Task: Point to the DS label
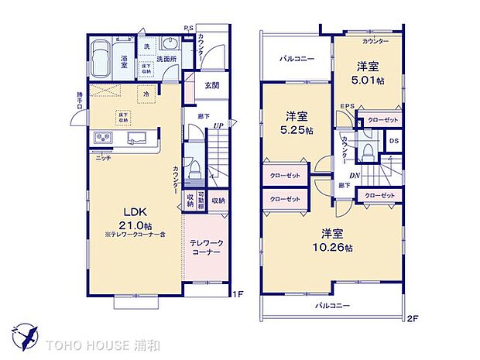pos(393,140)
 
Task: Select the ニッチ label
pos(103,157)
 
